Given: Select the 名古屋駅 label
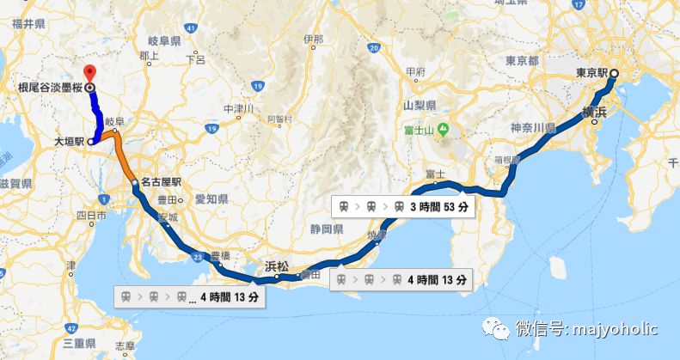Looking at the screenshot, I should click(x=163, y=182).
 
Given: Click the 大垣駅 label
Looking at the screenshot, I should click(x=69, y=142).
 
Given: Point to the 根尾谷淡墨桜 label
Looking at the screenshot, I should click(x=47, y=88).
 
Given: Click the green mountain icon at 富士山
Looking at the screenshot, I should click(x=442, y=130).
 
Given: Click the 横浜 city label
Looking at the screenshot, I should click(x=596, y=111).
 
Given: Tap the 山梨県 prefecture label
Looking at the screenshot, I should click(x=420, y=105).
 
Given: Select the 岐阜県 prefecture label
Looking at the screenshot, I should click(x=163, y=40).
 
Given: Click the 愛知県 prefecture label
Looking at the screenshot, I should click(x=210, y=198).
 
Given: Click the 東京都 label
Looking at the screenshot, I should click(x=522, y=61).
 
